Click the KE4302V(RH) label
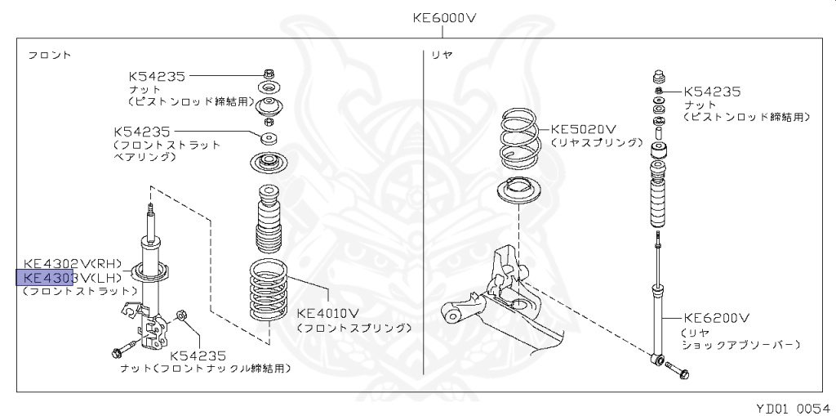(x=72, y=263)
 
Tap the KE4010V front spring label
(x=328, y=313)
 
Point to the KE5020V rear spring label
(x=583, y=128)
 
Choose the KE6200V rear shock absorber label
(x=717, y=317)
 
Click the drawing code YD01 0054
(x=788, y=406)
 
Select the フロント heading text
(x=49, y=55)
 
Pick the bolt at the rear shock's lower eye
(x=679, y=373)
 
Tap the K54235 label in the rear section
(x=712, y=92)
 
